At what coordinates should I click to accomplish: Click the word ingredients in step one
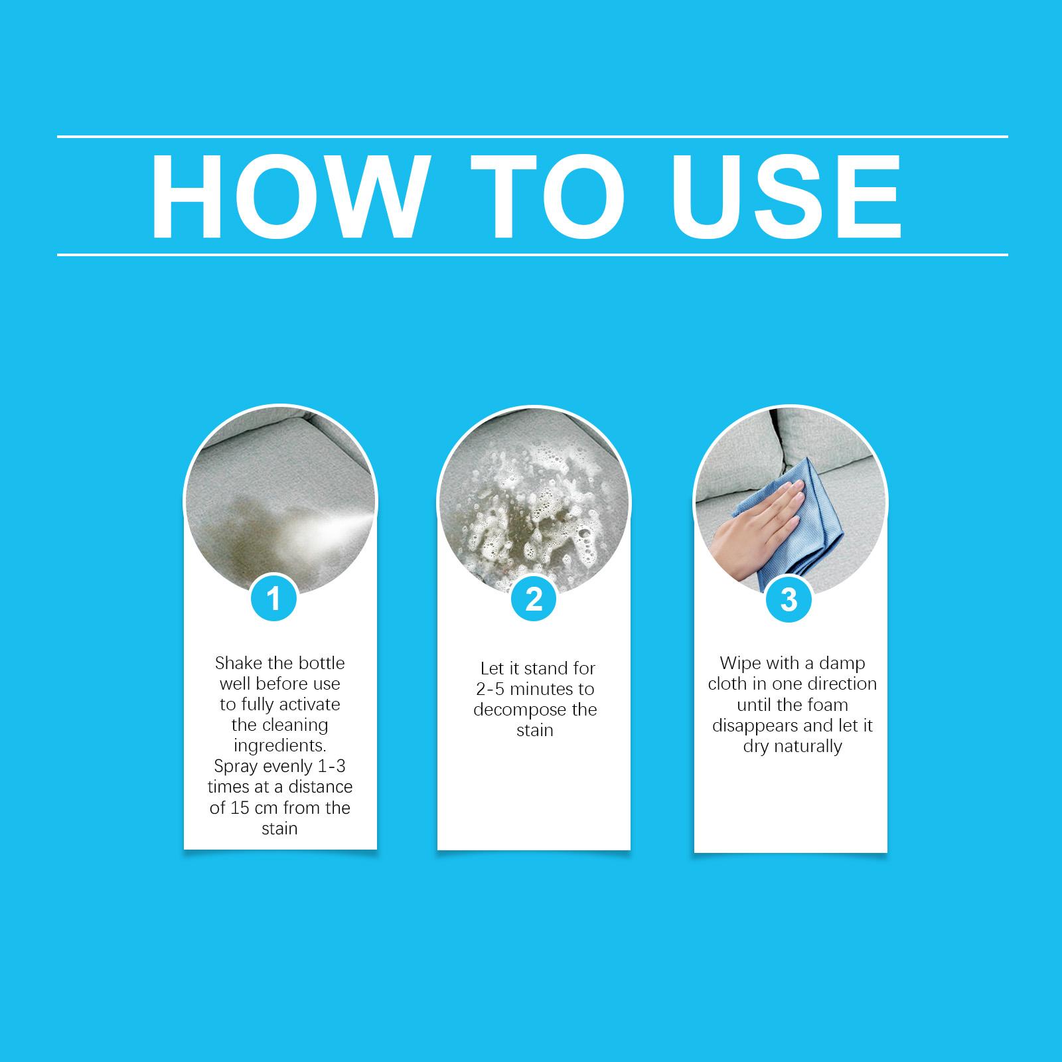(x=279, y=746)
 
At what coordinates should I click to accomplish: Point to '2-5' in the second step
(x=491, y=689)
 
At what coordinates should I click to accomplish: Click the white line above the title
(x=532, y=137)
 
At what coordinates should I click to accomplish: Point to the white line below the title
(x=532, y=254)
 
